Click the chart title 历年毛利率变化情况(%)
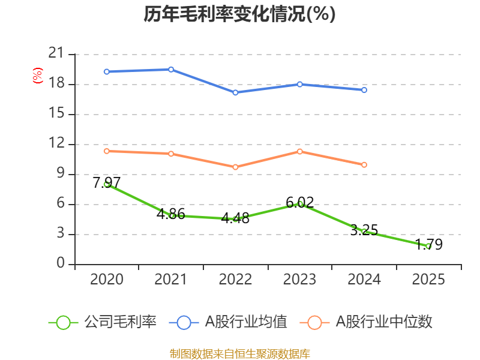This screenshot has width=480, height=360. click(239, 14)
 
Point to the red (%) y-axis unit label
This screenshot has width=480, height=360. click(37, 76)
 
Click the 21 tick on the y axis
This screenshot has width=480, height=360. click(56, 54)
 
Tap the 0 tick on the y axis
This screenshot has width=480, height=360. click(60, 264)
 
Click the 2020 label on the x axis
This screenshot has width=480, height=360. click(107, 280)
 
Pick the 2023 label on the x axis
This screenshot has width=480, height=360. click(299, 280)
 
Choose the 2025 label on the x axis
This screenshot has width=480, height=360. click(428, 280)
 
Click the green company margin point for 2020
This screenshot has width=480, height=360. click(107, 184)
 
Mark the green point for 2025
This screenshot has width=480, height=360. click(428, 246)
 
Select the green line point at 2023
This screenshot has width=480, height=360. click(300, 204)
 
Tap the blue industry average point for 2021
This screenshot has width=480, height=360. click(171, 70)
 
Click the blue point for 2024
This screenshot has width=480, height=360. click(364, 90)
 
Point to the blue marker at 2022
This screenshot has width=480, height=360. click(235, 92)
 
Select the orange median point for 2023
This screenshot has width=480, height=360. click(300, 151)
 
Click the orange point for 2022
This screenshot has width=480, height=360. click(235, 167)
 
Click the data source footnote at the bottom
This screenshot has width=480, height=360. click(239, 353)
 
